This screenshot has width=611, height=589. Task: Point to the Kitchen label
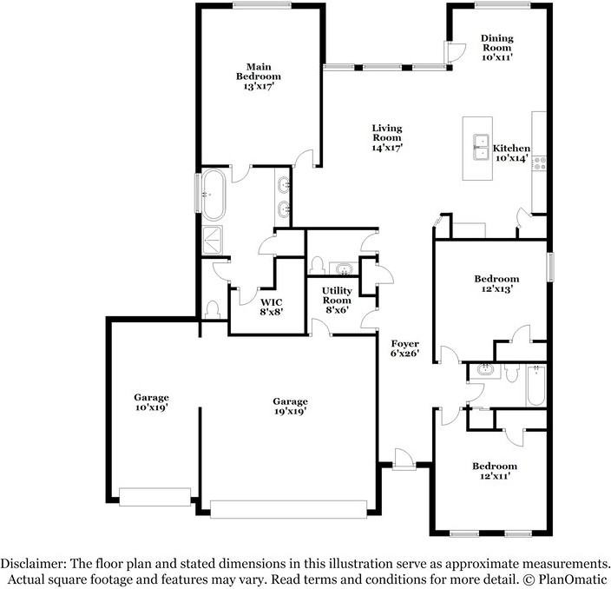click(512, 154)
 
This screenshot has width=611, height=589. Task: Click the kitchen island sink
click(480, 147)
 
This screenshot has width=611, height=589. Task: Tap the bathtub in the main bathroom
click(212, 194)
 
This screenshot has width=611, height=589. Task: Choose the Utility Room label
click(336, 300)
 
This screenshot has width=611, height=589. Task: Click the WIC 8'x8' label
click(272, 307)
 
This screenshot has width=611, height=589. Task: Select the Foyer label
click(405, 348)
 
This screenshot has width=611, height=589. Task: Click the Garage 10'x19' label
click(151, 402)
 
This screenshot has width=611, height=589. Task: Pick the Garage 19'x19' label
click(290, 407)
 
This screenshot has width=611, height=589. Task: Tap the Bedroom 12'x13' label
click(496, 284)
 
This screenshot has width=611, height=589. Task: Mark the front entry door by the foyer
click(403, 460)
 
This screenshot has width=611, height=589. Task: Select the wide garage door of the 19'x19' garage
click(294, 508)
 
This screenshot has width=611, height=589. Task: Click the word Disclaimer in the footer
click(32, 563)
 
